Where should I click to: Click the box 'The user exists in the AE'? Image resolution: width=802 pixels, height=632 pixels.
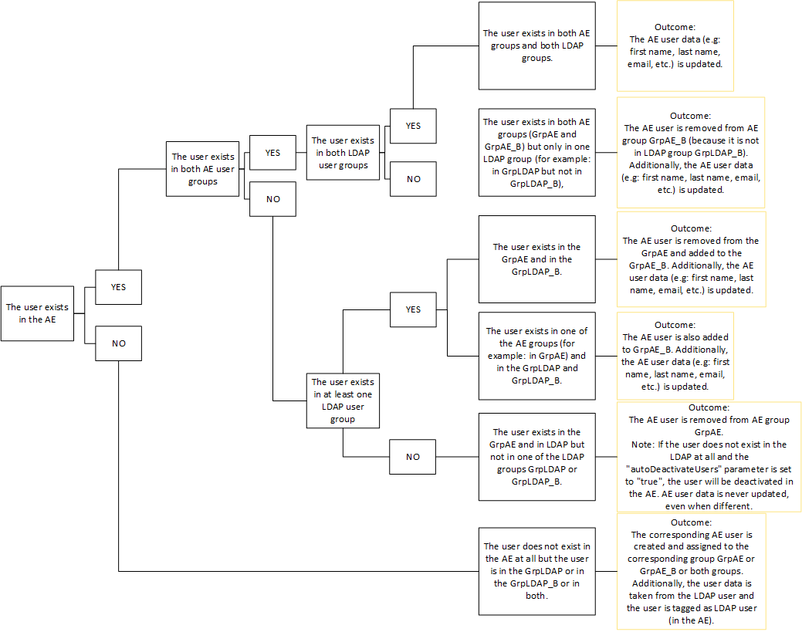coord(37,313)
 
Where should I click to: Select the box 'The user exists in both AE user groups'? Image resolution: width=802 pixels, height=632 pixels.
coord(202,168)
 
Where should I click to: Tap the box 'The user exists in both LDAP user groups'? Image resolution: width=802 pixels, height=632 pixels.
coord(343,153)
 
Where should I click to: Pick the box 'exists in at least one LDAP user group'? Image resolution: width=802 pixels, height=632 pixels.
coord(343,400)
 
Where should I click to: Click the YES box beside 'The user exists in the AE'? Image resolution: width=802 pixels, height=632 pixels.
coord(118,287)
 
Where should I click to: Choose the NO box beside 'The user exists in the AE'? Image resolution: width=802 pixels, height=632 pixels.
coord(118,343)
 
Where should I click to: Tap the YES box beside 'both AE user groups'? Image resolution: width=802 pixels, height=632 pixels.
coord(272,153)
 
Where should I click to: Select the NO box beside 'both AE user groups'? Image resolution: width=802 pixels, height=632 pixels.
coord(272,199)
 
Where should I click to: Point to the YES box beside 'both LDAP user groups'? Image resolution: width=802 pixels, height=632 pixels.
coord(414,126)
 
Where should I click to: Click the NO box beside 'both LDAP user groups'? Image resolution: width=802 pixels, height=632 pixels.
coord(414,179)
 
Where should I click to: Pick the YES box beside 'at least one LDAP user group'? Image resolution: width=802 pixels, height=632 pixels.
coord(413,309)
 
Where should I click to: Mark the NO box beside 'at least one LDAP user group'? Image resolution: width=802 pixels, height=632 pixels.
coord(413,457)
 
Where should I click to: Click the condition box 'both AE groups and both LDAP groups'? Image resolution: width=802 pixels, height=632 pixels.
coord(536,46)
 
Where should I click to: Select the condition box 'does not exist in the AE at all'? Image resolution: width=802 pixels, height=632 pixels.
coord(536,570)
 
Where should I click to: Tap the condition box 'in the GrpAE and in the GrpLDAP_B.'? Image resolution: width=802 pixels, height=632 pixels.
coord(536,259)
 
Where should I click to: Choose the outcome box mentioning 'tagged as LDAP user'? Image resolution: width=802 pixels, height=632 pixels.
coord(693,570)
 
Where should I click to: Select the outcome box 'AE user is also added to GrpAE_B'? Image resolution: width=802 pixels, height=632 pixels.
coord(675,356)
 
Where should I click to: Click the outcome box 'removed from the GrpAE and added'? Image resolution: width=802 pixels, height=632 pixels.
coord(691,259)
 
